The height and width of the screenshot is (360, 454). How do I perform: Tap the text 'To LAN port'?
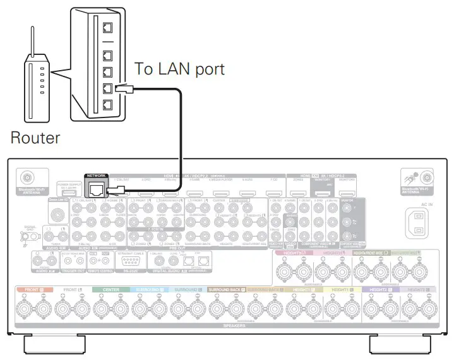pyautogui.click(x=179, y=69)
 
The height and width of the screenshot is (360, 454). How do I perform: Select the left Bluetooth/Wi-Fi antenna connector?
pyautogui.click(x=28, y=178)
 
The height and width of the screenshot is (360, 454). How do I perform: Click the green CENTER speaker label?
pyautogui.click(x=105, y=290)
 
